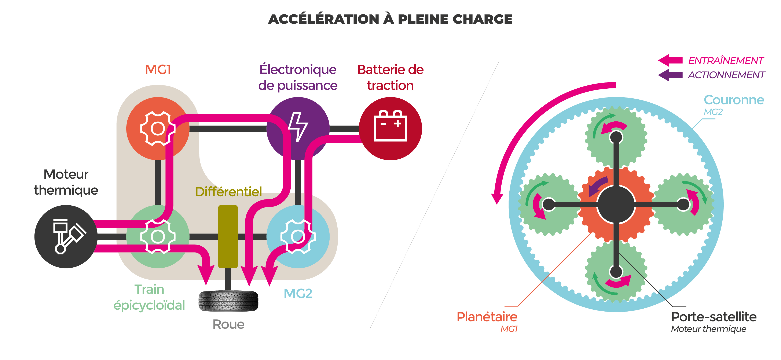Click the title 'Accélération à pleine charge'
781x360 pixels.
(x=390, y=19)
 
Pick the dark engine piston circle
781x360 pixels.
(x=66, y=236)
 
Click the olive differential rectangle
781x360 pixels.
(x=228, y=236)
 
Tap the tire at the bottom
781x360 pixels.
(x=228, y=301)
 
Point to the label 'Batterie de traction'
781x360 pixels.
(x=390, y=77)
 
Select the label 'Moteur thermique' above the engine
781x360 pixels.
(x=66, y=182)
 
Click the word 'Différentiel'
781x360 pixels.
(x=228, y=191)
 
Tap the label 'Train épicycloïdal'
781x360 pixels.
(x=149, y=297)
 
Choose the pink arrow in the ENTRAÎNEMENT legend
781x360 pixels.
(x=670, y=60)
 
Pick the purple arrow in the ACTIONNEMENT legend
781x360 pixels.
(x=670, y=75)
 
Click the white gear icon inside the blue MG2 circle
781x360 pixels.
(x=298, y=236)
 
